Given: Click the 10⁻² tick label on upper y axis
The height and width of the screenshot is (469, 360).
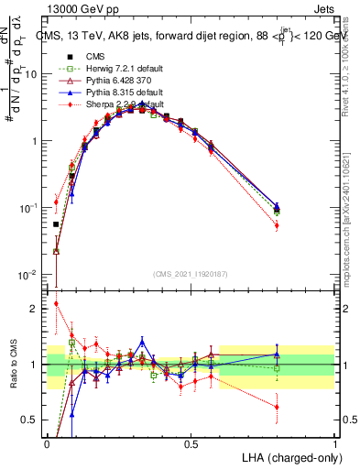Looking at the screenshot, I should pyautogui.click(x=30, y=275).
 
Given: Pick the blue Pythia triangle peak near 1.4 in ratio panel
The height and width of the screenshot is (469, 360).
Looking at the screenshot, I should pyautogui.click(x=142, y=341).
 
